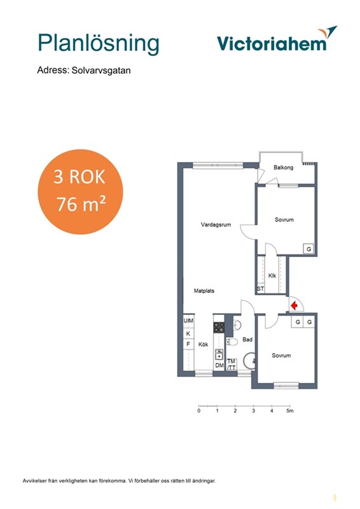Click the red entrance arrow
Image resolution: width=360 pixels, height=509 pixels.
coord(294,306)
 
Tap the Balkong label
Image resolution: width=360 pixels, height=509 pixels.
coord(284,167)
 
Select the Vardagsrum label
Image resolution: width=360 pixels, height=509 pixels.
coord(216,225)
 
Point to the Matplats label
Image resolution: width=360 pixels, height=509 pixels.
coord(204,291)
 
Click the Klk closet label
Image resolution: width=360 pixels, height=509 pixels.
coord(272,275)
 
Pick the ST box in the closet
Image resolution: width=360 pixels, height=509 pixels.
coord(260,289)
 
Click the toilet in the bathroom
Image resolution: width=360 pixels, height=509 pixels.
coord(232,342)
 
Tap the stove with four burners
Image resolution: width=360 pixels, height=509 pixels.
coord(219,327)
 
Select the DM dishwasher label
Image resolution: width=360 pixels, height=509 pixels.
coord(219,365)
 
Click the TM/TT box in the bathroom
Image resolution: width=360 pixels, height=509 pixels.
coord(231,364)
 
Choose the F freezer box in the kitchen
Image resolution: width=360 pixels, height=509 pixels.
coord(188,344)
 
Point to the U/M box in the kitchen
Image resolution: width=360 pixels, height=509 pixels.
coord(189,321)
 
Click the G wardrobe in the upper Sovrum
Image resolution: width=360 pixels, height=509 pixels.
coord(308,249)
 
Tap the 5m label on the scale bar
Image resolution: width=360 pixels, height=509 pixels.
coord(290,410)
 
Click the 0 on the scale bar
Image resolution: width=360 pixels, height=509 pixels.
coord(199,410)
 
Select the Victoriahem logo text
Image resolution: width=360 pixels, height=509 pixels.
coord(272,43)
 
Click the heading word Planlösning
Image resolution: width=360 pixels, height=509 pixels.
coord(99,43)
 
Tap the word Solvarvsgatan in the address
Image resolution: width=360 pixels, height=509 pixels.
coord(101,71)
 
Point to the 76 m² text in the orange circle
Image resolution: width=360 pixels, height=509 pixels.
coord(81,204)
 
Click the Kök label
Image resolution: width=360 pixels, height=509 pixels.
coord(203,344)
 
